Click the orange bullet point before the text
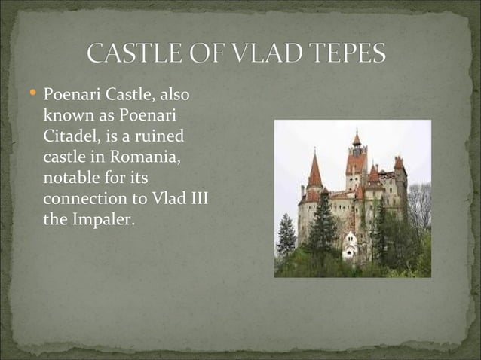pyautogui.click(x=32, y=95)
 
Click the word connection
pyautogui.click(x=81, y=200)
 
